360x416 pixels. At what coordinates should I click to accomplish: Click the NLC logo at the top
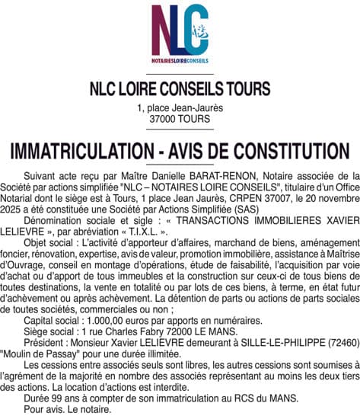[x=180, y=33]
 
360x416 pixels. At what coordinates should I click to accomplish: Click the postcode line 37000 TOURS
[x=180, y=120]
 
